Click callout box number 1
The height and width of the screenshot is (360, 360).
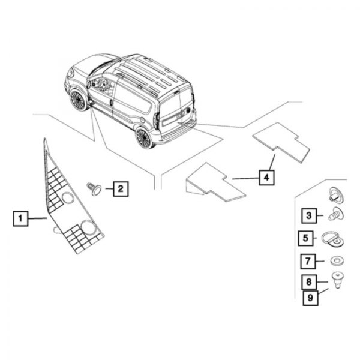point(20,218)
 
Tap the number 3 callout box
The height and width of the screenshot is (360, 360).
point(308,215)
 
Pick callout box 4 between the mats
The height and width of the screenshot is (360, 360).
point(266,178)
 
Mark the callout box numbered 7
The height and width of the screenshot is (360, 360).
point(307,262)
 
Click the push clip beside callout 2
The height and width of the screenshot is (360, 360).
point(94,188)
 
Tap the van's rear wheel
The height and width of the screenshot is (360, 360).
point(145,138)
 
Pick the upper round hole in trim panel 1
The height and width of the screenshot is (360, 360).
point(65,200)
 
